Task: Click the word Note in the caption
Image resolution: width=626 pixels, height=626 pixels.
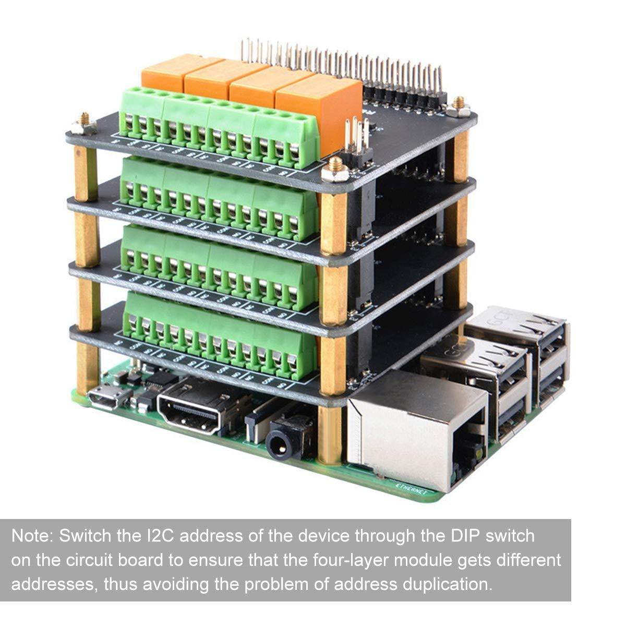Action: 32,536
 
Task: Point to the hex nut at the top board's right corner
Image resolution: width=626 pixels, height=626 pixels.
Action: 458,106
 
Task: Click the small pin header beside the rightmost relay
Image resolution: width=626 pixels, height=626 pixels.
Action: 358,138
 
